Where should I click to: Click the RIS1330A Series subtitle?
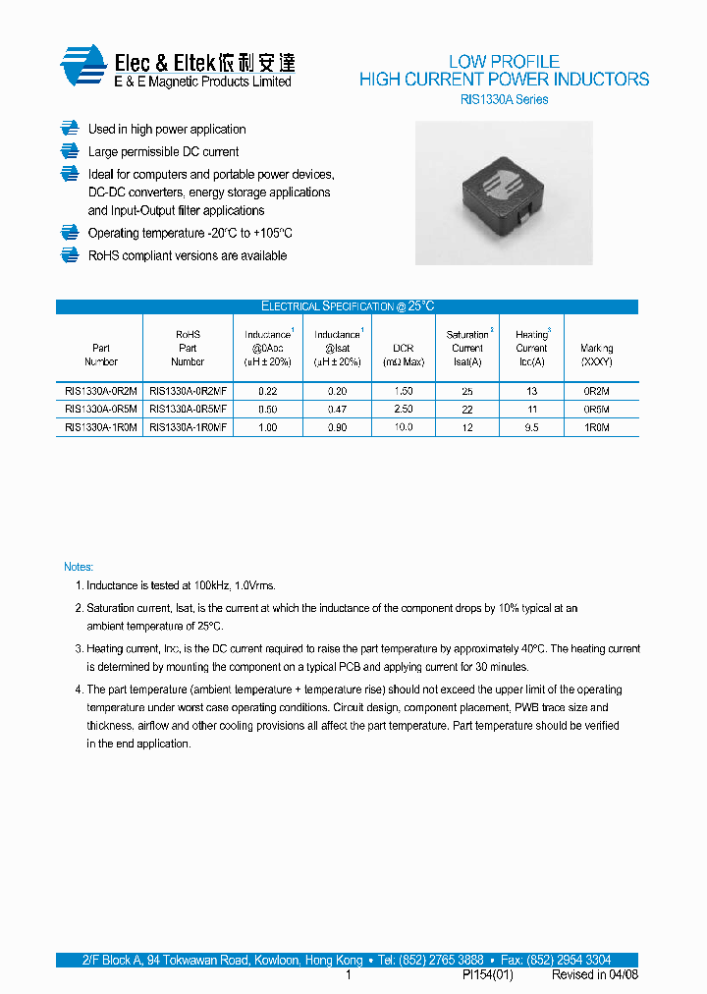(x=504, y=99)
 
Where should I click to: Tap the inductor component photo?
(x=504, y=193)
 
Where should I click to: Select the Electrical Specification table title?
(x=347, y=306)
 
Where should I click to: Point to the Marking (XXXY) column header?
(x=596, y=355)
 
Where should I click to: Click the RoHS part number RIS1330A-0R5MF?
(x=188, y=409)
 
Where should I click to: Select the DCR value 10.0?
(x=403, y=427)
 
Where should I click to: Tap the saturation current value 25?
(x=467, y=391)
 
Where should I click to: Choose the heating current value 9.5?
(x=531, y=427)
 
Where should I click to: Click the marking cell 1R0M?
(x=596, y=427)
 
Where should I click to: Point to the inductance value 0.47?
(x=337, y=409)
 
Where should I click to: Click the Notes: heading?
(x=79, y=567)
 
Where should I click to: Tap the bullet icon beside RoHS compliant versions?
(x=69, y=255)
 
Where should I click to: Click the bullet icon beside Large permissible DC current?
(x=69, y=151)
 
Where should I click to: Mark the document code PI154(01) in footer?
(x=487, y=975)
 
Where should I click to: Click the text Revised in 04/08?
(x=594, y=975)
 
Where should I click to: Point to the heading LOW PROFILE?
(x=504, y=61)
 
